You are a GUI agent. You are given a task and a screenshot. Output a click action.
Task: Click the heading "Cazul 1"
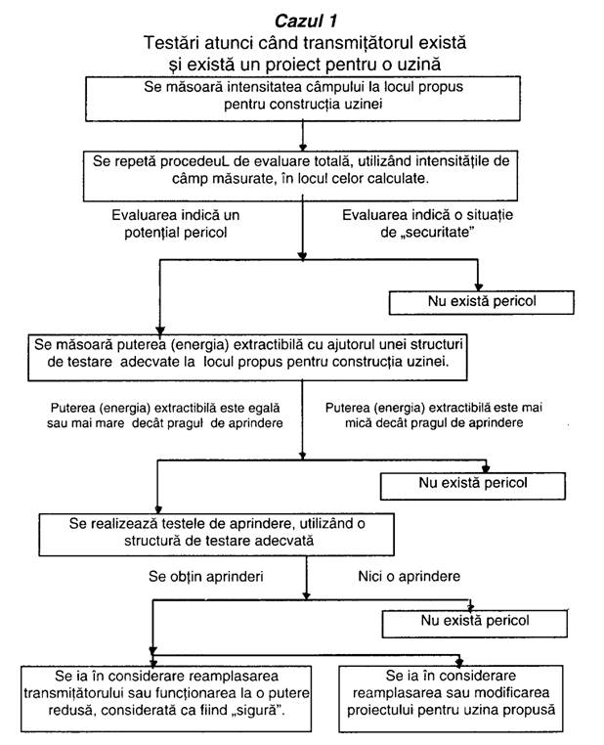tap(306, 21)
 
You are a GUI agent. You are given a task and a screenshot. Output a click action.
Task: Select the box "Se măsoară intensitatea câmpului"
tap(303, 99)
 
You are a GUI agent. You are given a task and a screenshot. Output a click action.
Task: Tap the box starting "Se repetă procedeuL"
tap(301, 176)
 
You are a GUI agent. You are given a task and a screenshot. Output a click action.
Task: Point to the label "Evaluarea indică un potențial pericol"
tap(176, 224)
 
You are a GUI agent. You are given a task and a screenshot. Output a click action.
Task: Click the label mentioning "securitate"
tap(427, 223)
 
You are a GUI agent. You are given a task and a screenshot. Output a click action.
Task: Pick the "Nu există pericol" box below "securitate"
tap(482, 303)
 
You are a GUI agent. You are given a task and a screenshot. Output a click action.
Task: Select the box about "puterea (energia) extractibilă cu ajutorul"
tap(247, 357)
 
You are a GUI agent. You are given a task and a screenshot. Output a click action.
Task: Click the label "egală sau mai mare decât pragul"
tap(165, 416)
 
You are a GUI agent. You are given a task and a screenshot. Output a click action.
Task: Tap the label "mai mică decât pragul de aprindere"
tap(434, 415)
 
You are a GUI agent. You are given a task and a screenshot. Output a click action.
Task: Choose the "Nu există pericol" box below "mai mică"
tap(473, 486)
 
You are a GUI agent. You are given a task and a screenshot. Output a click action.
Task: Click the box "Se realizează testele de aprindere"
tap(217, 535)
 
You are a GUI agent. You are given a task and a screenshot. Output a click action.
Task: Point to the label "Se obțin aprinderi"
tap(205, 576)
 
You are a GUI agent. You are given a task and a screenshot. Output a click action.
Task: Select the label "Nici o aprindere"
tap(409, 576)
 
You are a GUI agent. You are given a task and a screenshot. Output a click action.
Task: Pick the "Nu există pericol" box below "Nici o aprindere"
tap(475, 624)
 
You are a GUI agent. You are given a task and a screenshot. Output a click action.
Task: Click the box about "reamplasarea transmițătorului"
tap(166, 699)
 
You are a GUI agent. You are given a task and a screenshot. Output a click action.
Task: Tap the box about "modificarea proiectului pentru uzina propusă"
tap(451, 699)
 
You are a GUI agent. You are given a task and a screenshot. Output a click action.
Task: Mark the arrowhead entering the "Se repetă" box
tap(303, 148)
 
